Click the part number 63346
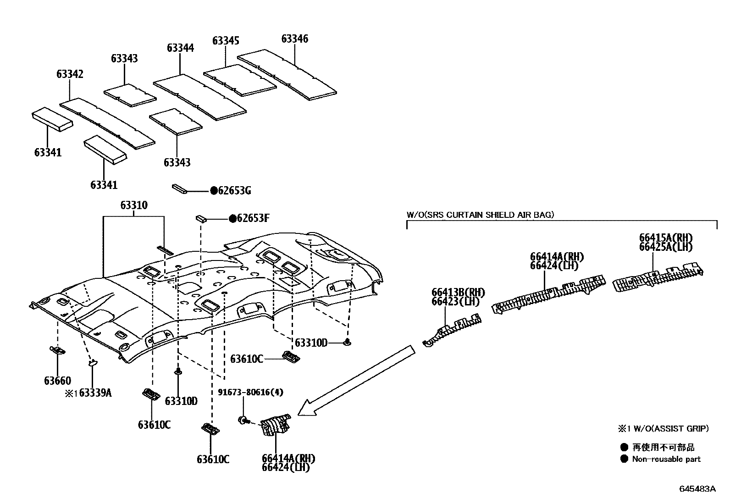(294, 39)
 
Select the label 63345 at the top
(226, 41)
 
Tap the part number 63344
(180, 48)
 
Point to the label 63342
(70, 74)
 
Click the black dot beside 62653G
(214, 191)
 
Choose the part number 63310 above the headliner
(134, 205)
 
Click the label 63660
(57, 381)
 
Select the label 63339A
(96, 393)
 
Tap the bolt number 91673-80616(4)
(250, 392)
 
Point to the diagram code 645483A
(697, 489)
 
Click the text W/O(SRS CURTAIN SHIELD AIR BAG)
(480, 214)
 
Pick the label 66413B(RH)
(458, 292)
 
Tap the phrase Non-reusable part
(666, 459)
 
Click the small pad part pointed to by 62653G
(179, 189)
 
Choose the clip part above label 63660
(57, 351)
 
